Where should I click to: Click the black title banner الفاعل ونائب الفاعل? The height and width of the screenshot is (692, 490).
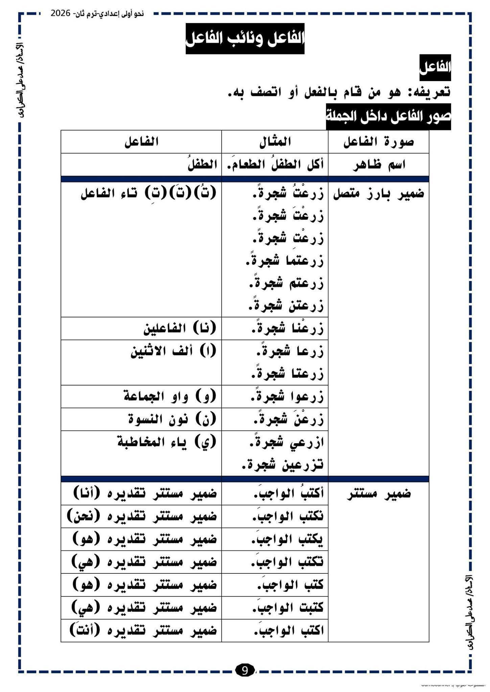(x=245, y=39)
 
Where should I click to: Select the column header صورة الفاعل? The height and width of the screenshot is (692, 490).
(x=379, y=142)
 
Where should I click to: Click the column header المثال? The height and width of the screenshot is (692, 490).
(x=275, y=142)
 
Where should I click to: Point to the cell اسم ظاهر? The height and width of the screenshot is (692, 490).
(x=379, y=165)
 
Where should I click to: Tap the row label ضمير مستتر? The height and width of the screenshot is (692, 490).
(x=379, y=494)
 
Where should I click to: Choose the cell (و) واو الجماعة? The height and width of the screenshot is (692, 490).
(x=169, y=397)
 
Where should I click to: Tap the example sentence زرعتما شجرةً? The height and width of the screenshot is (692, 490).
(x=284, y=261)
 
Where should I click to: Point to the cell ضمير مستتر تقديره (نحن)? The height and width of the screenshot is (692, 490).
(x=142, y=517)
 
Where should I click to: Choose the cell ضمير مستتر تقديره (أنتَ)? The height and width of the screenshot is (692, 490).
(x=142, y=631)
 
